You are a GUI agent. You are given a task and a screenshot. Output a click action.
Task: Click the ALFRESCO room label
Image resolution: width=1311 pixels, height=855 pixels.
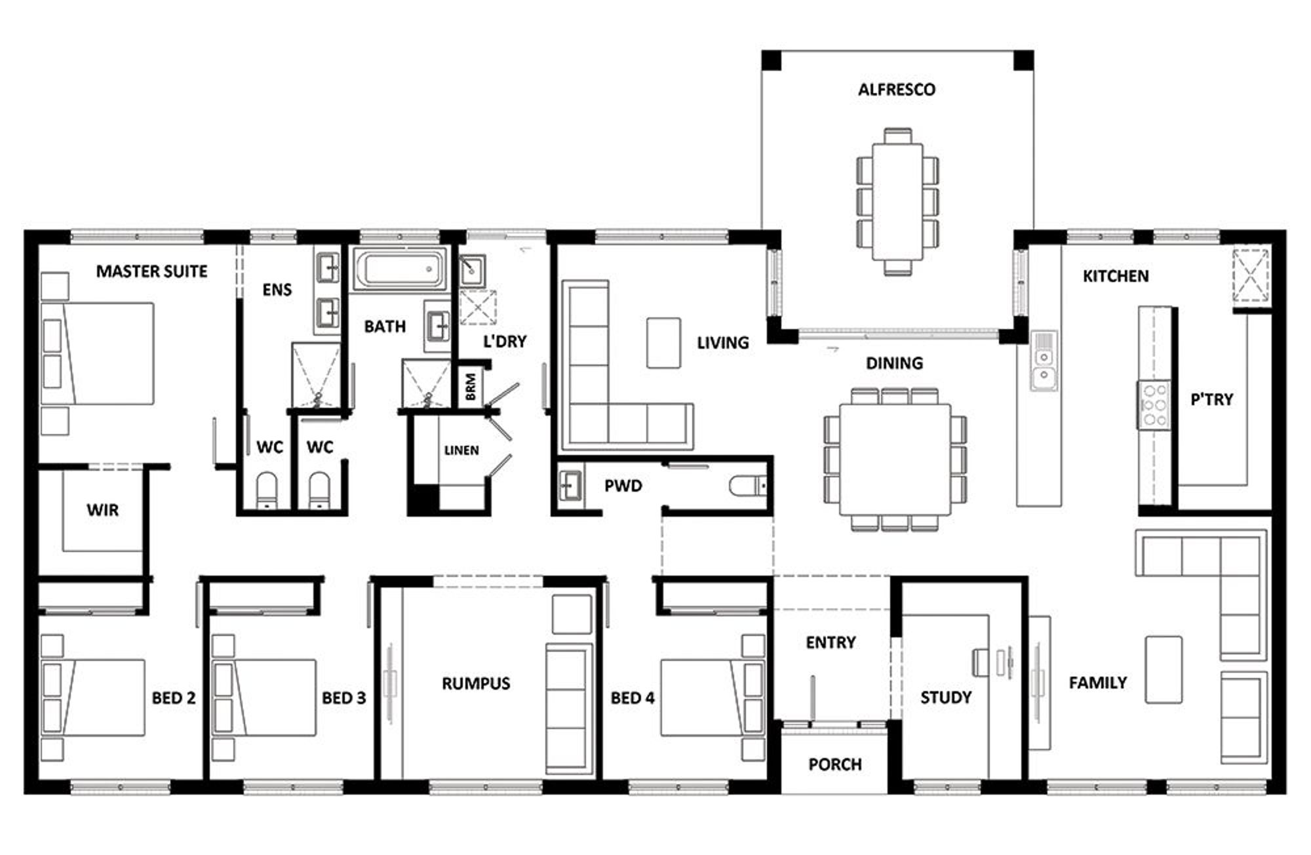pyautogui.click(x=897, y=89)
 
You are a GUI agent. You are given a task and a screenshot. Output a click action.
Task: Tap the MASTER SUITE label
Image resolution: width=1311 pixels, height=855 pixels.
pyautogui.click(x=151, y=271)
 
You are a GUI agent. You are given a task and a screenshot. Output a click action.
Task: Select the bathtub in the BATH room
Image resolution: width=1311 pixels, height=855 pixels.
pyautogui.click(x=399, y=269)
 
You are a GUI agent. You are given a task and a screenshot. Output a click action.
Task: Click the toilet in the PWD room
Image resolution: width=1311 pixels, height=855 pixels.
pyautogui.click(x=748, y=486)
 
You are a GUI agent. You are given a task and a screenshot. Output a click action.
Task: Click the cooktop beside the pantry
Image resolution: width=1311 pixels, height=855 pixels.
pyautogui.click(x=1154, y=405)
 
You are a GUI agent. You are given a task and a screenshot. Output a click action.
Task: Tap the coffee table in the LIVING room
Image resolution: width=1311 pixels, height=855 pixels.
pyautogui.click(x=663, y=343)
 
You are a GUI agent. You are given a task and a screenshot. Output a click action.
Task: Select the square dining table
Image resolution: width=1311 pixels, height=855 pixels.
pyautogui.click(x=895, y=458)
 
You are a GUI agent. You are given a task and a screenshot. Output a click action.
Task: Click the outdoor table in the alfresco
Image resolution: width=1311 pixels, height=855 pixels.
pyautogui.click(x=897, y=202)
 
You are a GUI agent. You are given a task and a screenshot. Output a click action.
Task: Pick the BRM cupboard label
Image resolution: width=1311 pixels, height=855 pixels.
pyautogui.click(x=471, y=387)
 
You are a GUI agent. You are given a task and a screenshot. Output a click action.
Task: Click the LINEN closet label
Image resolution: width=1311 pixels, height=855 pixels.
pyautogui.click(x=461, y=450)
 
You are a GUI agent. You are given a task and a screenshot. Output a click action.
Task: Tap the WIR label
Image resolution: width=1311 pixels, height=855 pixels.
pyautogui.click(x=103, y=509)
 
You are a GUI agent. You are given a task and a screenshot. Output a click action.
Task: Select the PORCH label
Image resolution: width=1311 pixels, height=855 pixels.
pyautogui.click(x=835, y=765)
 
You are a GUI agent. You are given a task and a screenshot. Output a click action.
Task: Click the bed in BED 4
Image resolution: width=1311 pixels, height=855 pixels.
pyautogui.click(x=712, y=698)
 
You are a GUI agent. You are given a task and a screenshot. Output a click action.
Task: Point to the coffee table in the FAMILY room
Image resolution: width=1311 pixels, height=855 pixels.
pyautogui.click(x=1164, y=669)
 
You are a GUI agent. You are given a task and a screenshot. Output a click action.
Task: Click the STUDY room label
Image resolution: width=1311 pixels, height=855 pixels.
pyautogui.click(x=946, y=697)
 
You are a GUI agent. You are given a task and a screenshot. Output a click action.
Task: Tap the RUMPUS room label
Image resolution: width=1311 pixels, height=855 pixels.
pyautogui.click(x=476, y=683)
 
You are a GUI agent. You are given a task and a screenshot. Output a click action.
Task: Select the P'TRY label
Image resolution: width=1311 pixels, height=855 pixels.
pyautogui.click(x=1212, y=399)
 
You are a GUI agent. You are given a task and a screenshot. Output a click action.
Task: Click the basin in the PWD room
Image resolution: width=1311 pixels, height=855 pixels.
pyautogui.click(x=570, y=486)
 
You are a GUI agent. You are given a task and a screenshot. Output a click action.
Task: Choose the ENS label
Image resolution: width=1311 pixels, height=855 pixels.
pyautogui.click(x=277, y=289)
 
